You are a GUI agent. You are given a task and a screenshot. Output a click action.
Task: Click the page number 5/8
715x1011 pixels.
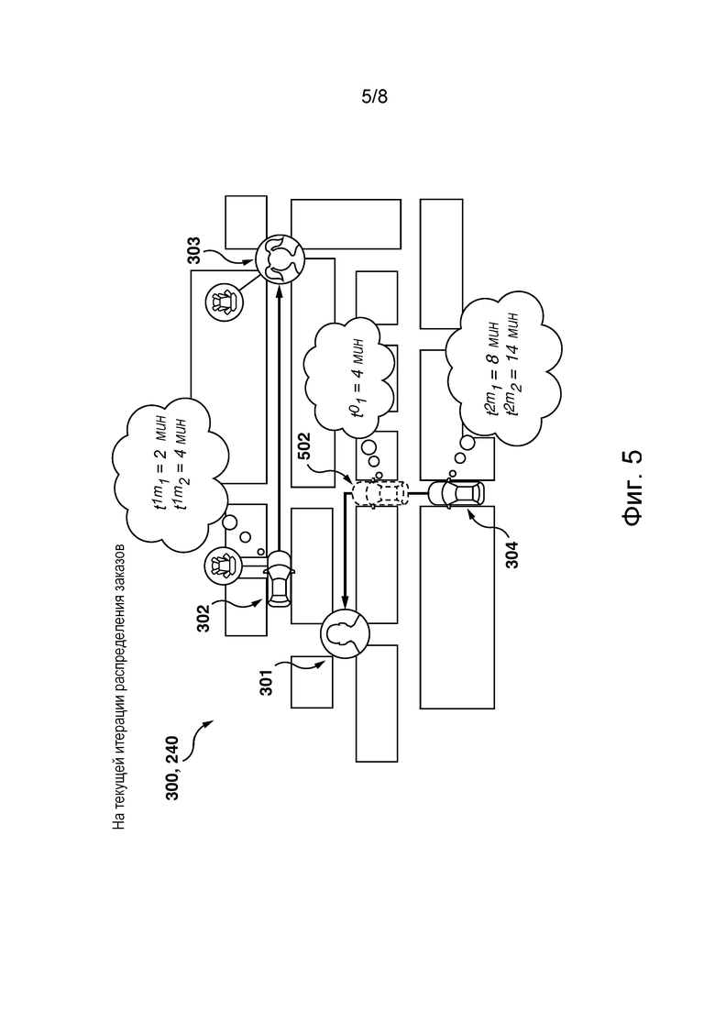(x=374, y=97)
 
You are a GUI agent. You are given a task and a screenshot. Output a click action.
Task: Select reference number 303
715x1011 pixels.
(x=194, y=251)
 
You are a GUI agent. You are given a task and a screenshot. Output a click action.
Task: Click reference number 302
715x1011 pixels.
(x=203, y=618)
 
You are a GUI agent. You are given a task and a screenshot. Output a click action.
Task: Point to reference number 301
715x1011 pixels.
(x=266, y=682)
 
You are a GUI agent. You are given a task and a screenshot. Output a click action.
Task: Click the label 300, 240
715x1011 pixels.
(x=172, y=768)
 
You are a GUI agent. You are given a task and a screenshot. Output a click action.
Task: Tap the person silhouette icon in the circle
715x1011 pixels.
(x=345, y=634)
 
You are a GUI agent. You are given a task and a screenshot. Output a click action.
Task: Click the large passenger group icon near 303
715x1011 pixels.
(x=280, y=258)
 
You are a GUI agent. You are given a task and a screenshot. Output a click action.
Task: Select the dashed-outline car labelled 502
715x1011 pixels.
(x=379, y=494)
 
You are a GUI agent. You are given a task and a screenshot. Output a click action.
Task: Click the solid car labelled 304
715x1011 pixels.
(x=456, y=494)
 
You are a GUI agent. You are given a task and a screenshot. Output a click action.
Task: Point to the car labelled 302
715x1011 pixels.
(x=280, y=579)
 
